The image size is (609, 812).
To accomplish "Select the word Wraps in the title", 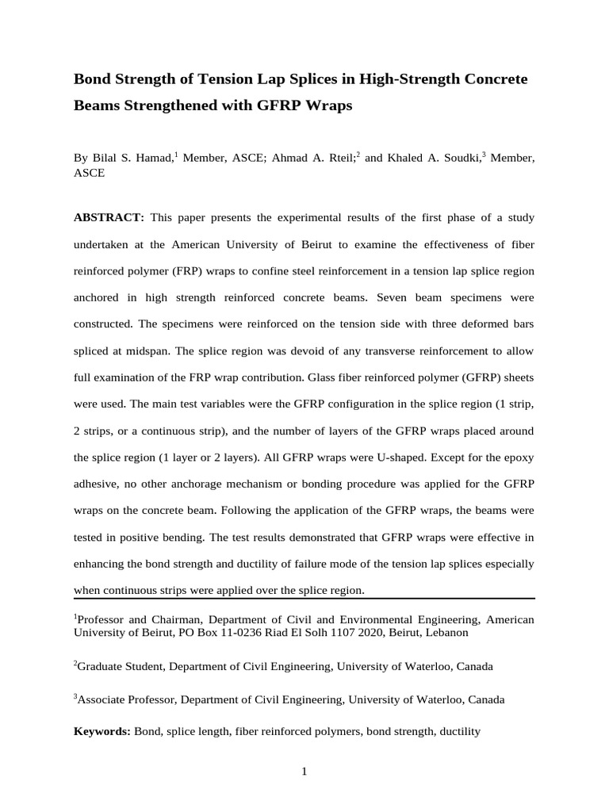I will [x=331, y=105].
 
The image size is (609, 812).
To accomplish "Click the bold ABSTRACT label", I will [x=109, y=217].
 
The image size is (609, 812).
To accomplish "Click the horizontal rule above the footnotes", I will [x=304, y=599].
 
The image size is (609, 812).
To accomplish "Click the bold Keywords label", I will [x=101, y=731].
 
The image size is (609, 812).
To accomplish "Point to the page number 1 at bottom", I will [x=304, y=772].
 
